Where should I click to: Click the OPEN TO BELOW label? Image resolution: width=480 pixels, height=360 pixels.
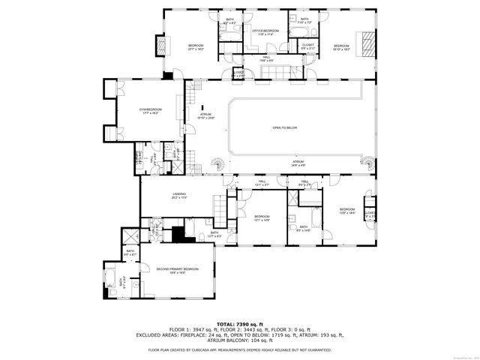[285, 128]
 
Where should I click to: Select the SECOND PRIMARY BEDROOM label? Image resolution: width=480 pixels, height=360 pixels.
[178, 268]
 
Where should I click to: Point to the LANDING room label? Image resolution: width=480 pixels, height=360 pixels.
[178, 194]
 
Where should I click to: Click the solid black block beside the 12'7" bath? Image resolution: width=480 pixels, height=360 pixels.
[178, 234]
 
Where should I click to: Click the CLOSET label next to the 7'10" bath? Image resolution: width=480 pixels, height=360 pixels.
[308, 45]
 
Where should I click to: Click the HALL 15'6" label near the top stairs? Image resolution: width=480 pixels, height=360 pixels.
[265, 59]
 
